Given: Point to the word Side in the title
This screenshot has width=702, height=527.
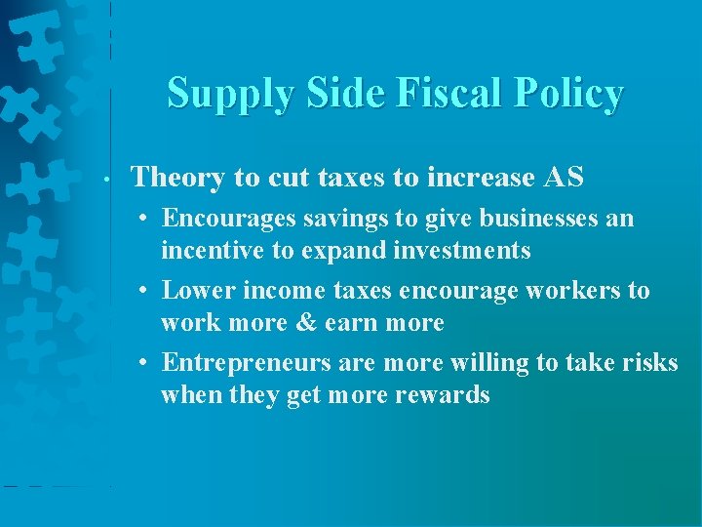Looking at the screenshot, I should (x=333, y=94).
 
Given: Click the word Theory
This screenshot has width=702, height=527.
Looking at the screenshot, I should (x=178, y=178).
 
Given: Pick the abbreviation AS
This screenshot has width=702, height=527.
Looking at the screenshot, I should (x=564, y=178).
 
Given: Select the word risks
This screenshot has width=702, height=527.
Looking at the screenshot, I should (x=650, y=363).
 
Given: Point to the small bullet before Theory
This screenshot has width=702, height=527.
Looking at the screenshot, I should (x=116, y=180).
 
